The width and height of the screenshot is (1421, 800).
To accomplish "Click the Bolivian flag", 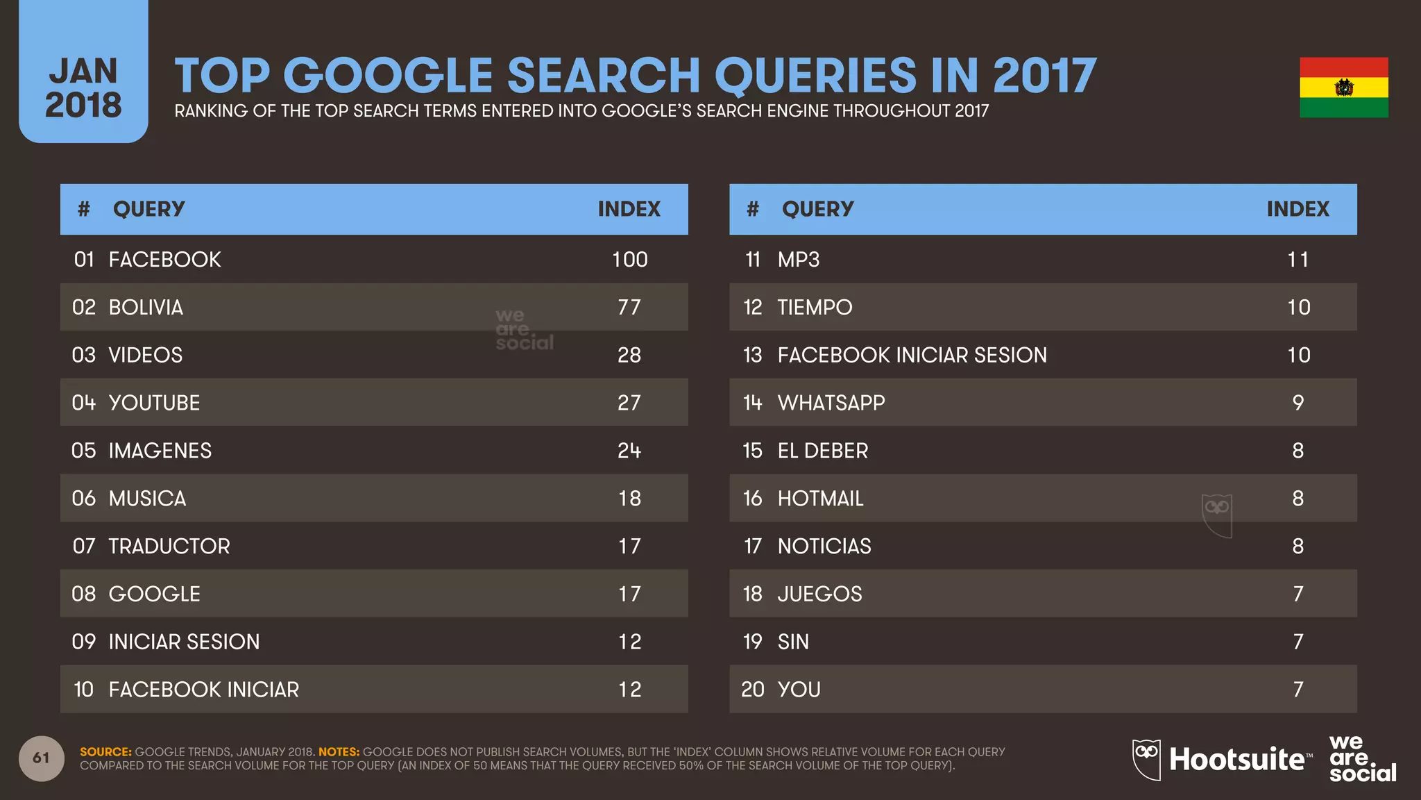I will [1343, 87].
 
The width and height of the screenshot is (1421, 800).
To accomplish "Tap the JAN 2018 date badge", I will [83, 87].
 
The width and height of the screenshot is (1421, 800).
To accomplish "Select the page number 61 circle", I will [42, 758].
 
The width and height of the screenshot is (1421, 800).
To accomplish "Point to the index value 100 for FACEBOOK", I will [629, 260].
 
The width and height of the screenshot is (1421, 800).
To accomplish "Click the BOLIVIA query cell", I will [146, 307].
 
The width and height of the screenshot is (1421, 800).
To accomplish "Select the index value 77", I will [629, 307].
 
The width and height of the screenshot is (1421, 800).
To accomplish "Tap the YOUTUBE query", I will [154, 403].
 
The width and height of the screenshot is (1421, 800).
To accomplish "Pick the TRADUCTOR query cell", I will [169, 547].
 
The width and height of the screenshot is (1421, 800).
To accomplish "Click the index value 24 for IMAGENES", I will [629, 451].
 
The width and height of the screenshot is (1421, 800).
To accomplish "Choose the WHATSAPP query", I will [831, 403].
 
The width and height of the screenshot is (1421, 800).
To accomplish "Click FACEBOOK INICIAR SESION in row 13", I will [912, 355].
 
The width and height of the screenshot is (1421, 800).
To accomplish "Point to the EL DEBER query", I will [822, 451].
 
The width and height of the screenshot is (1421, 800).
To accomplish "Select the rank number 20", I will [752, 690].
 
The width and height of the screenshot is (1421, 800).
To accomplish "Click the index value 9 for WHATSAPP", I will [1297, 403].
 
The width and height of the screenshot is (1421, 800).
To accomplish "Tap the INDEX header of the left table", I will [629, 209].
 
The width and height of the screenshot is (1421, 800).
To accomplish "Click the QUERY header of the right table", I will [817, 209].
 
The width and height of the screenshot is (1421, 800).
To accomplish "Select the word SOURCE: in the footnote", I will [105, 751].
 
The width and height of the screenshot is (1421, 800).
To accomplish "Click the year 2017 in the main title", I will [1044, 75].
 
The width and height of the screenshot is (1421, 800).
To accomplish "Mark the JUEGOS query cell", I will [819, 594].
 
